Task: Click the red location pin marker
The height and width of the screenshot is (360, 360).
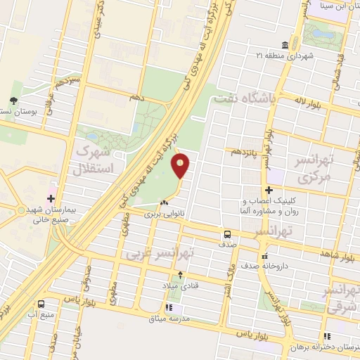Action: pos(181,165)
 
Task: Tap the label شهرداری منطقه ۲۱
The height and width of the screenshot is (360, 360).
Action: pos(284,55)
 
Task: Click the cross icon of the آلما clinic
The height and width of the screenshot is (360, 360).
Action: pos(268,189)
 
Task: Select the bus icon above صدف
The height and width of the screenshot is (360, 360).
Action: pos(227,234)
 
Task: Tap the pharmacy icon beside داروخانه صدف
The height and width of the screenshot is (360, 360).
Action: pos(264,255)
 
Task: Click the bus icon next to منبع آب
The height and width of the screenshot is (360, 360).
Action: pos(41,304)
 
